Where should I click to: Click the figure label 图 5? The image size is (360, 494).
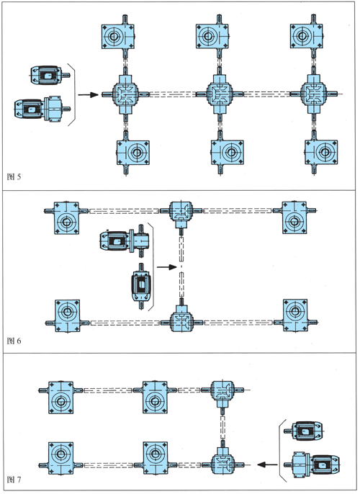[14, 176]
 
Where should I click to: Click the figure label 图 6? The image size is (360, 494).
[14, 341]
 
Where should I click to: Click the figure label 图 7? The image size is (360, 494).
[14, 480]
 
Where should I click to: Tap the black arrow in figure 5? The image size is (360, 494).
[88, 94]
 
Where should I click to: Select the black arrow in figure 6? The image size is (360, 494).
[166, 267]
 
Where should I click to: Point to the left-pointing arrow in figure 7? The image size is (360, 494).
[267, 464]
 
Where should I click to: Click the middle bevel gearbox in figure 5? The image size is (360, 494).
[220, 94]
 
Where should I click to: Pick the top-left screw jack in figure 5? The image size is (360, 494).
[118, 37]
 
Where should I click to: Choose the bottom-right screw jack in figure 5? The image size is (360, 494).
[321, 153]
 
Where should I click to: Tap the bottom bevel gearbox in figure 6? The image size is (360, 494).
[181, 320]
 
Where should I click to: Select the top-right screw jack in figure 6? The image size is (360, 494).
[294, 217]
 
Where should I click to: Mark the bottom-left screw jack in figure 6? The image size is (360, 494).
[67, 316]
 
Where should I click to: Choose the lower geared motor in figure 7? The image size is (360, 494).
[312, 464]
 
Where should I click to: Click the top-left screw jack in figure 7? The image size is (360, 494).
[60, 398]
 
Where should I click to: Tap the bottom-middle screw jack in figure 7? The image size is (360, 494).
[155, 458]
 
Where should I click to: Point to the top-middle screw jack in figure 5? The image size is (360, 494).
[212, 37]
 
